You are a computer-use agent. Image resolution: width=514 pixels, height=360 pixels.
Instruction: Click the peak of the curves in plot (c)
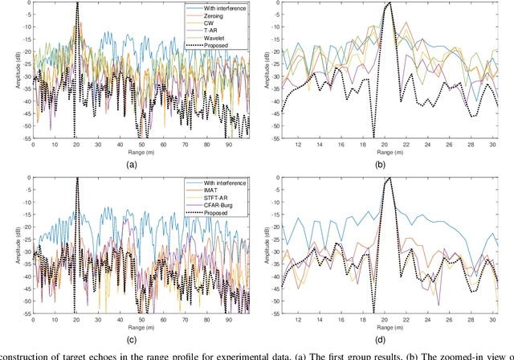(x=77, y=179)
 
